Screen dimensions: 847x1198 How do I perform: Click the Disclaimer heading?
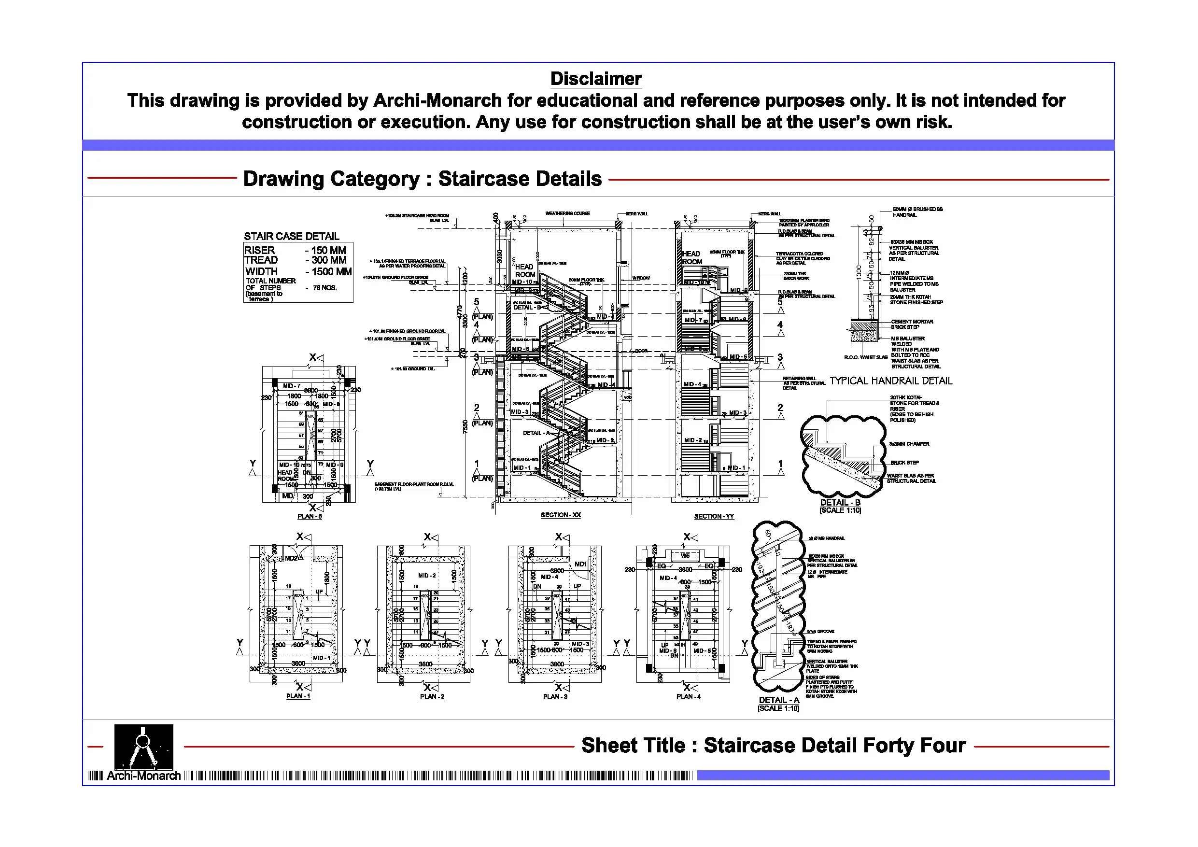[x=595, y=79]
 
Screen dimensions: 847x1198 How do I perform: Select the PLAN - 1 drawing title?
[x=298, y=696]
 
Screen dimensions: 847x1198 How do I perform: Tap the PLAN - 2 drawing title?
[x=432, y=697]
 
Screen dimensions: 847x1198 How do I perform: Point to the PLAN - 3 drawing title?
[x=555, y=697]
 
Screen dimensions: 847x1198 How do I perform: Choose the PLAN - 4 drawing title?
[x=688, y=697]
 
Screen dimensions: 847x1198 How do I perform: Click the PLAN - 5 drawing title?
[x=310, y=517]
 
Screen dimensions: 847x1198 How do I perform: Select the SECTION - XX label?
[x=561, y=515]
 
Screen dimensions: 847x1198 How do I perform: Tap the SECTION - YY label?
[x=713, y=517]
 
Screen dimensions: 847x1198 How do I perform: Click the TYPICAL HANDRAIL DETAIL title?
[x=891, y=381]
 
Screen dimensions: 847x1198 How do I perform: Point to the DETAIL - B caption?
[x=840, y=503]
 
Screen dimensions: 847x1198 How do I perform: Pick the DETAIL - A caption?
[x=778, y=700]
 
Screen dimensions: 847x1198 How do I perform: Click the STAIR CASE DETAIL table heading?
[x=291, y=237]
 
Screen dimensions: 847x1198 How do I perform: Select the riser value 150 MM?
[x=328, y=251]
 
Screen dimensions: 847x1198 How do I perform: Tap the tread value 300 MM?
[x=329, y=260]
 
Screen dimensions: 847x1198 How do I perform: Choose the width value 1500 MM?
[x=331, y=272]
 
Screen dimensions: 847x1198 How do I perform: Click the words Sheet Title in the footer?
[x=633, y=745]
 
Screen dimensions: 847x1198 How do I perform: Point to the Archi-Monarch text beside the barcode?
[x=143, y=776]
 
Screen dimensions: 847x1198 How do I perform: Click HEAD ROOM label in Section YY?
[x=691, y=258]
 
